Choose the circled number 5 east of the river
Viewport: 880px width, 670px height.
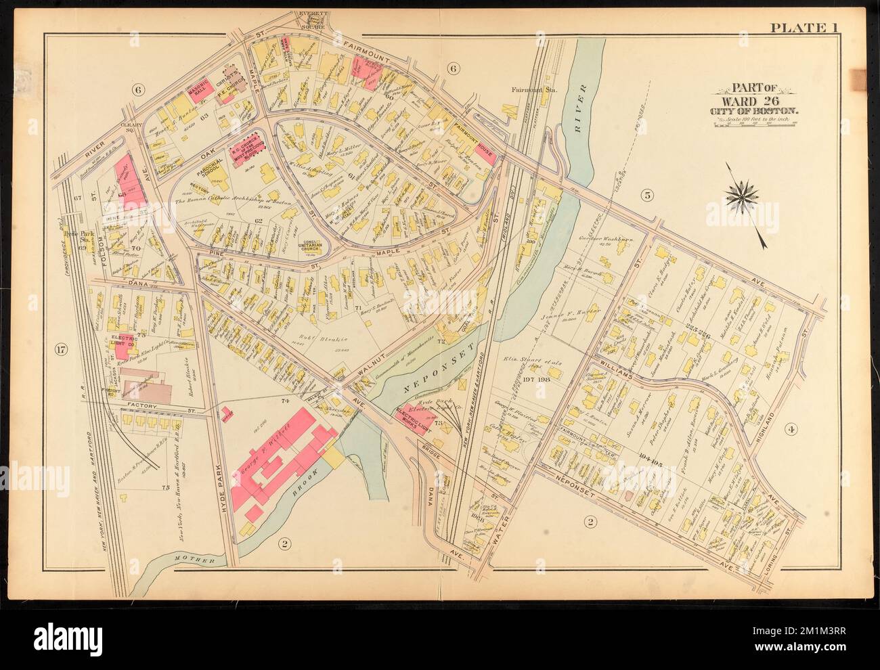point(647,196)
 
